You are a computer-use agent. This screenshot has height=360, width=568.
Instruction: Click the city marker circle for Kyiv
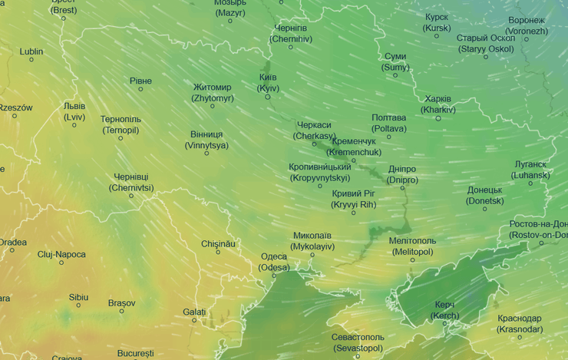point(268,97)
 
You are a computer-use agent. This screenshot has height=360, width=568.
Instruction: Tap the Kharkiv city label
point(439,104)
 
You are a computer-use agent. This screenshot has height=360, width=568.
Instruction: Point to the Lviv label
point(74,111)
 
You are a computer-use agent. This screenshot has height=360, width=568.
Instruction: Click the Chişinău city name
point(217,243)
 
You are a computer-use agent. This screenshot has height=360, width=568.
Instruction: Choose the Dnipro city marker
point(402,188)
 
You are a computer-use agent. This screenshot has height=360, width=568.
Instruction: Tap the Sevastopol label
point(357,342)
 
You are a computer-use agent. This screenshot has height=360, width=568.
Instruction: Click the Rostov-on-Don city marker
point(541,243)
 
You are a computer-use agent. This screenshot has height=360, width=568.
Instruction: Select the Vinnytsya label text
point(206,140)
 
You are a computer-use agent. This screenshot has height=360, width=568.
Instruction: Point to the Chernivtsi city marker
point(131,196)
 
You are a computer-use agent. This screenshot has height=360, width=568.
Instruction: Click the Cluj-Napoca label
point(61,254)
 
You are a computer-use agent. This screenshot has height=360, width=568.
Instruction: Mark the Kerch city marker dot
point(445,323)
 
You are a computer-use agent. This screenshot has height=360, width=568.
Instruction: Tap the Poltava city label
point(388,123)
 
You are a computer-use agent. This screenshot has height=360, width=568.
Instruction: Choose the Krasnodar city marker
point(520,337)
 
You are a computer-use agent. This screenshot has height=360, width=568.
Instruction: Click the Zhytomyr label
point(213,93)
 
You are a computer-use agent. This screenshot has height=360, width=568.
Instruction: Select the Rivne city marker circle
point(140,89)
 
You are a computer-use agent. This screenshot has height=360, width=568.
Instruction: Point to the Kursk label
point(437,22)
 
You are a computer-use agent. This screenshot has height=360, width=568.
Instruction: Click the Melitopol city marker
point(412,259)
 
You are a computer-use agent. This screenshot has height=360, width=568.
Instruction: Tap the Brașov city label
point(121,303)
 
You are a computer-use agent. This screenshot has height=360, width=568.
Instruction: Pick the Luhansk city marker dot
point(530,183)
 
